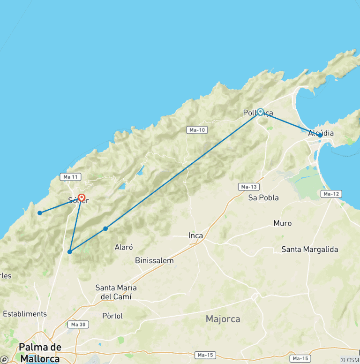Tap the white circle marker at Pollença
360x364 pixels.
pyautogui.click(x=260, y=112)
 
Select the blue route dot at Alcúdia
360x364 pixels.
pyautogui.click(x=320, y=135)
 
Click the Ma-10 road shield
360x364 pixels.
pyautogui.click(x=196, y=130)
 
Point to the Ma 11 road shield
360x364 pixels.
pyautogui.click(x=71, y=177)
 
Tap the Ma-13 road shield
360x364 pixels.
pyautogui.click(x=248, y=187)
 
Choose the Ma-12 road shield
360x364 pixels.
pyautogui.click(x=331, y=194)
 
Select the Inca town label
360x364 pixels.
pyautogui.click(x=195, y=235)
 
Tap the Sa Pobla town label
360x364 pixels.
pyautogui.click(x=263, y=197)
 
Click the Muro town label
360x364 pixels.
pyautogui.click(x=282, y=223)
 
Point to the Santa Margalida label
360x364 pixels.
pyautogui.click(x=309, y=250)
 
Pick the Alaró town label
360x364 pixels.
pyautogui.click(x=124, y=247)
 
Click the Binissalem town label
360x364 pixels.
pyautogui.click(x=154, y=260)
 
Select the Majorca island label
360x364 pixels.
pyautogui.click(x=223, y=319)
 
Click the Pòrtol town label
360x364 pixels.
pyautogui.click(x=112, y=316)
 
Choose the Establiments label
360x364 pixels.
pyautogui.click(x=25, y=314)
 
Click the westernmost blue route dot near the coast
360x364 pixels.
pyautogui.click(x=40, y=213)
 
